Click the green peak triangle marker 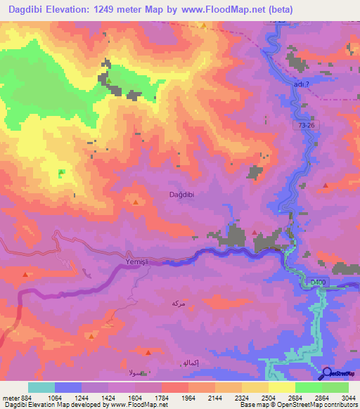pos(61,172)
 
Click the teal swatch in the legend pos(41,387)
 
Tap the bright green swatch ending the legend pos(335,387)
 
